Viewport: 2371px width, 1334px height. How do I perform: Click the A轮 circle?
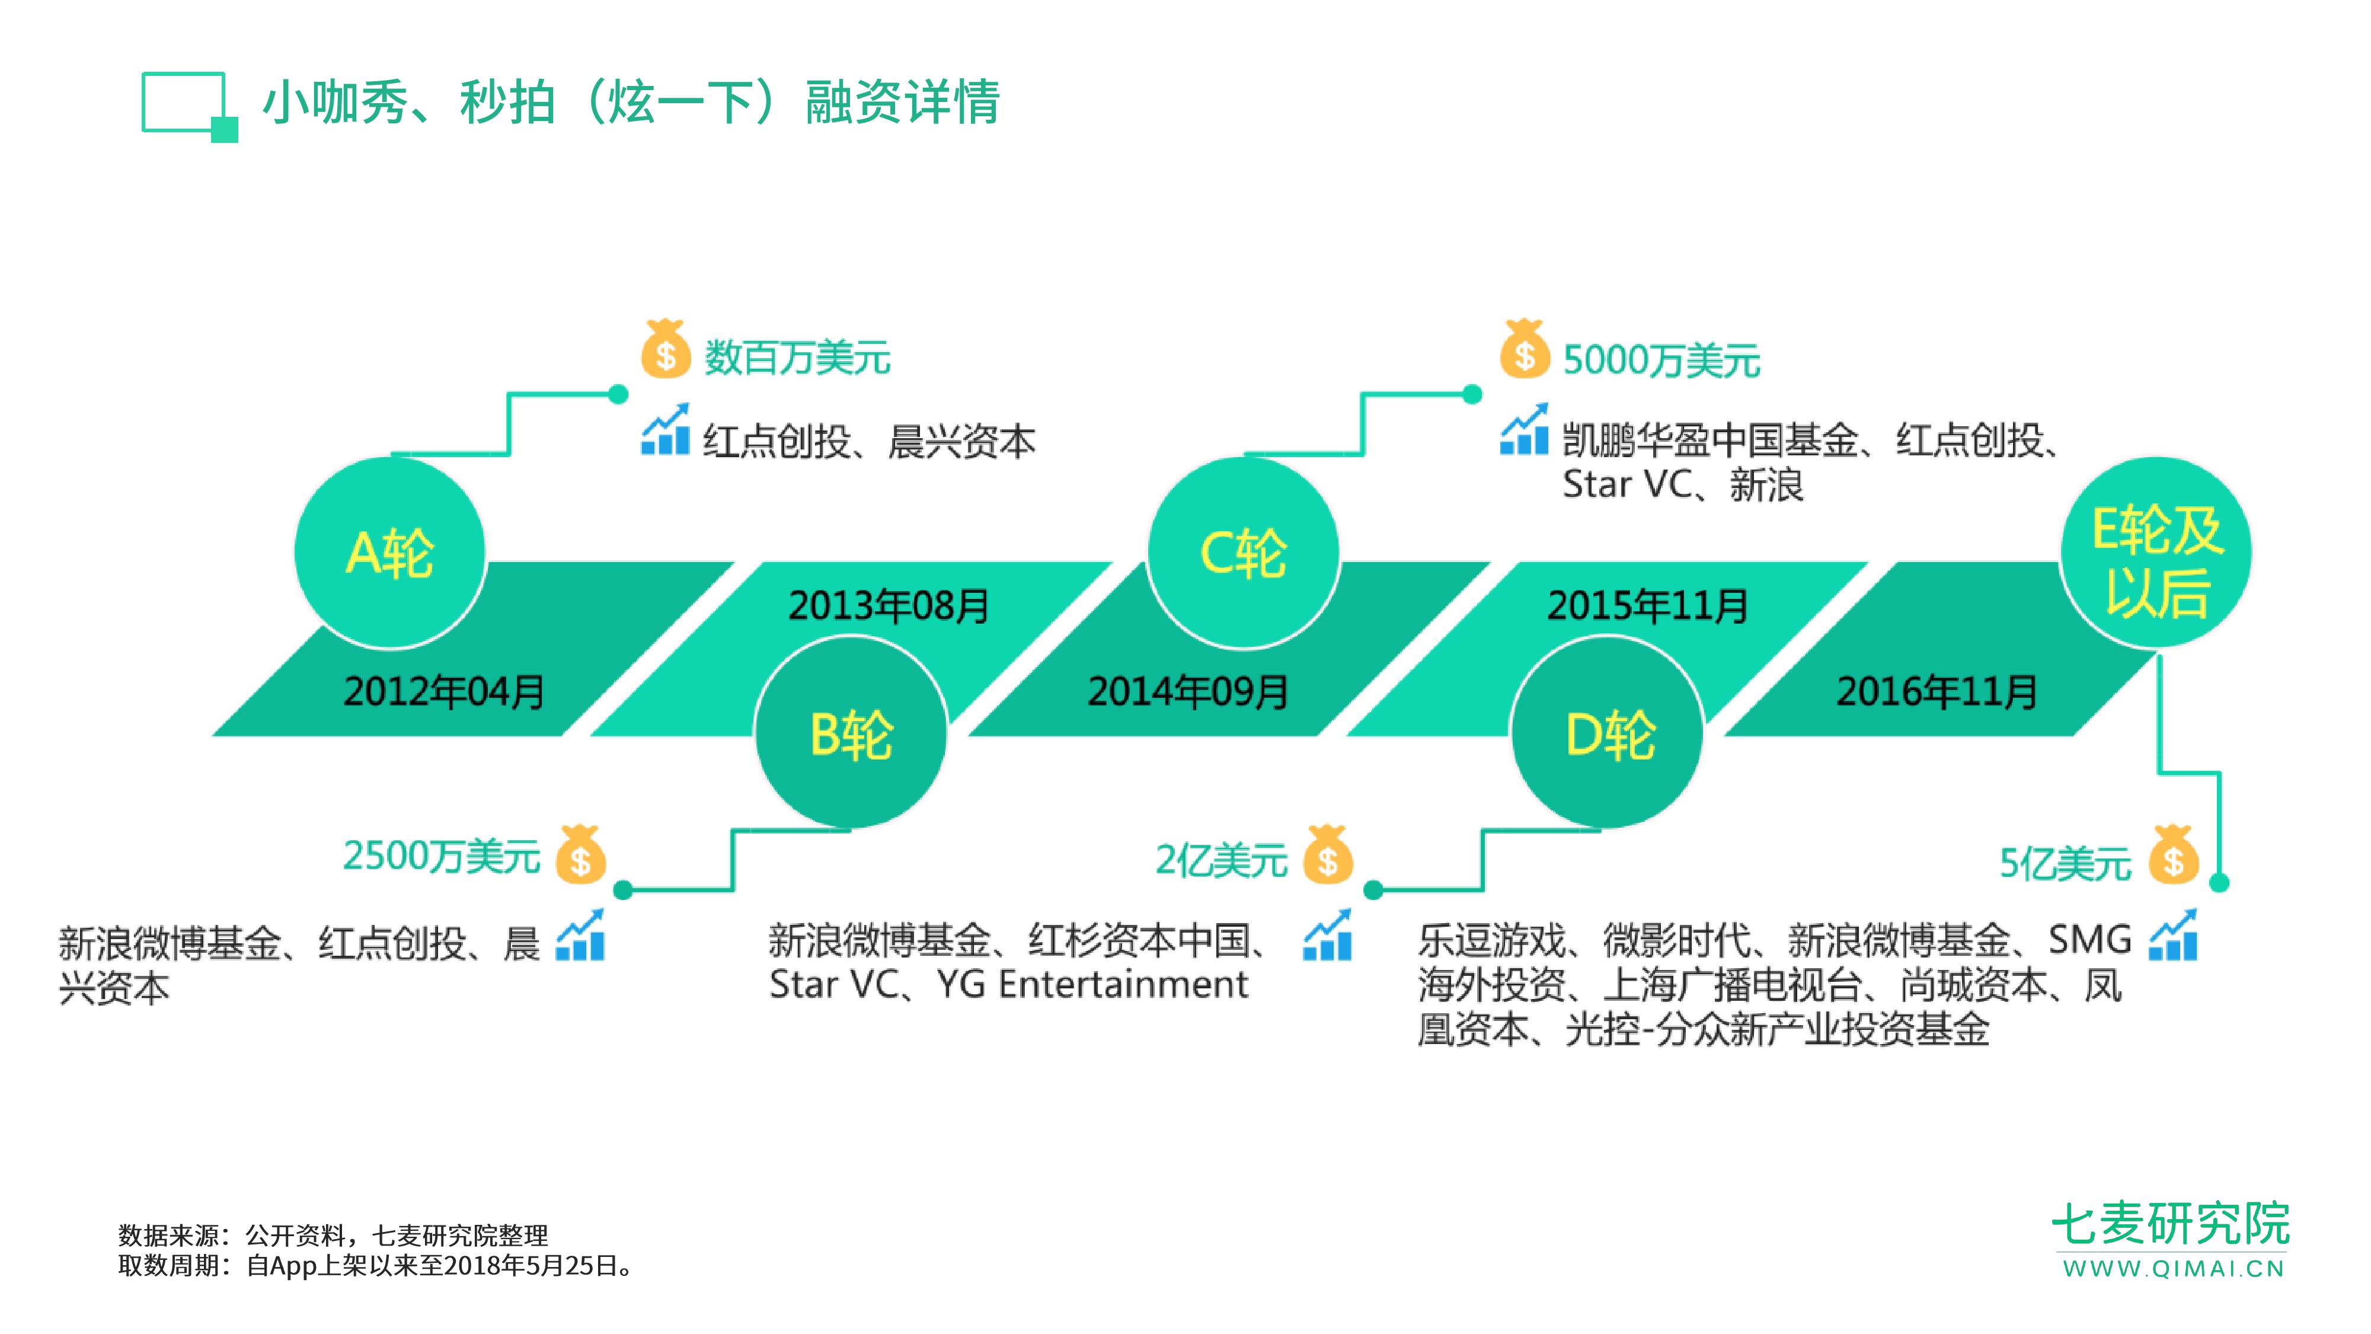[390, 553]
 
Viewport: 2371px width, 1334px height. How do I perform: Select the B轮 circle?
[851, 734]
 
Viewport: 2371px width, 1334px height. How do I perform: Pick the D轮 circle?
[1607, 734]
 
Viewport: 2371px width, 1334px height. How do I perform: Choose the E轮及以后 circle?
[2156, 553]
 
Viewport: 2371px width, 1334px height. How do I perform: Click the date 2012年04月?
[445, 691]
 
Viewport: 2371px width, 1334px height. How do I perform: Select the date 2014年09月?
[1188, 691]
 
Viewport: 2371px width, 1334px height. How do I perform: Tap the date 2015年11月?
[1648, 605]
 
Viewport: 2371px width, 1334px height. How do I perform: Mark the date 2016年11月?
[1937, 691]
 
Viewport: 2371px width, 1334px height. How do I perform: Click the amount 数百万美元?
[797, 357]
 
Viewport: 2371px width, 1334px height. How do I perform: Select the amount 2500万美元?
[441, 856]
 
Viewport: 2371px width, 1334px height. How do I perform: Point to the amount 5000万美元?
[1661, 360]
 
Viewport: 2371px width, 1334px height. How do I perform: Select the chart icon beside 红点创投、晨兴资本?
[666, 429]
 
